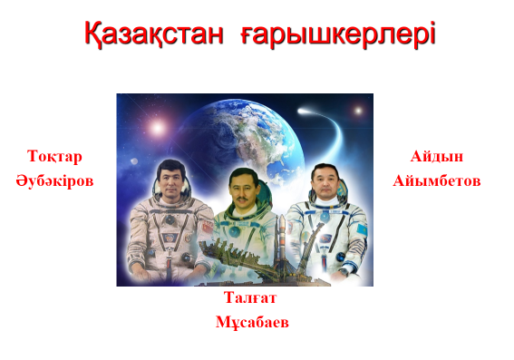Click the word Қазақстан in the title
(x=154, y=34)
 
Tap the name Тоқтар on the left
(x=54, y=156)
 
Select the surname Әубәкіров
(x=54, y=180)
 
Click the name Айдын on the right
(x=437, y=156)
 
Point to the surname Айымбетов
(x=437, y=180)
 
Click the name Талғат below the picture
(x=250, y=297)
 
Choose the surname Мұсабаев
(x=252, y=322)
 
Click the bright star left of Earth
(x=158, y=128)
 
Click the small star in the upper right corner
(x=358, y=111)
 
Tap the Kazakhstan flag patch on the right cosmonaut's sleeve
(x=362, y=229)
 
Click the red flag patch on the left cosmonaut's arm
(x=208, y=226)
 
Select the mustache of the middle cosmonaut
(x=242, y=199)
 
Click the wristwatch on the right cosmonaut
(x=344, y=271)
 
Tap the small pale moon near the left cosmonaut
(x=134, y=161)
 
